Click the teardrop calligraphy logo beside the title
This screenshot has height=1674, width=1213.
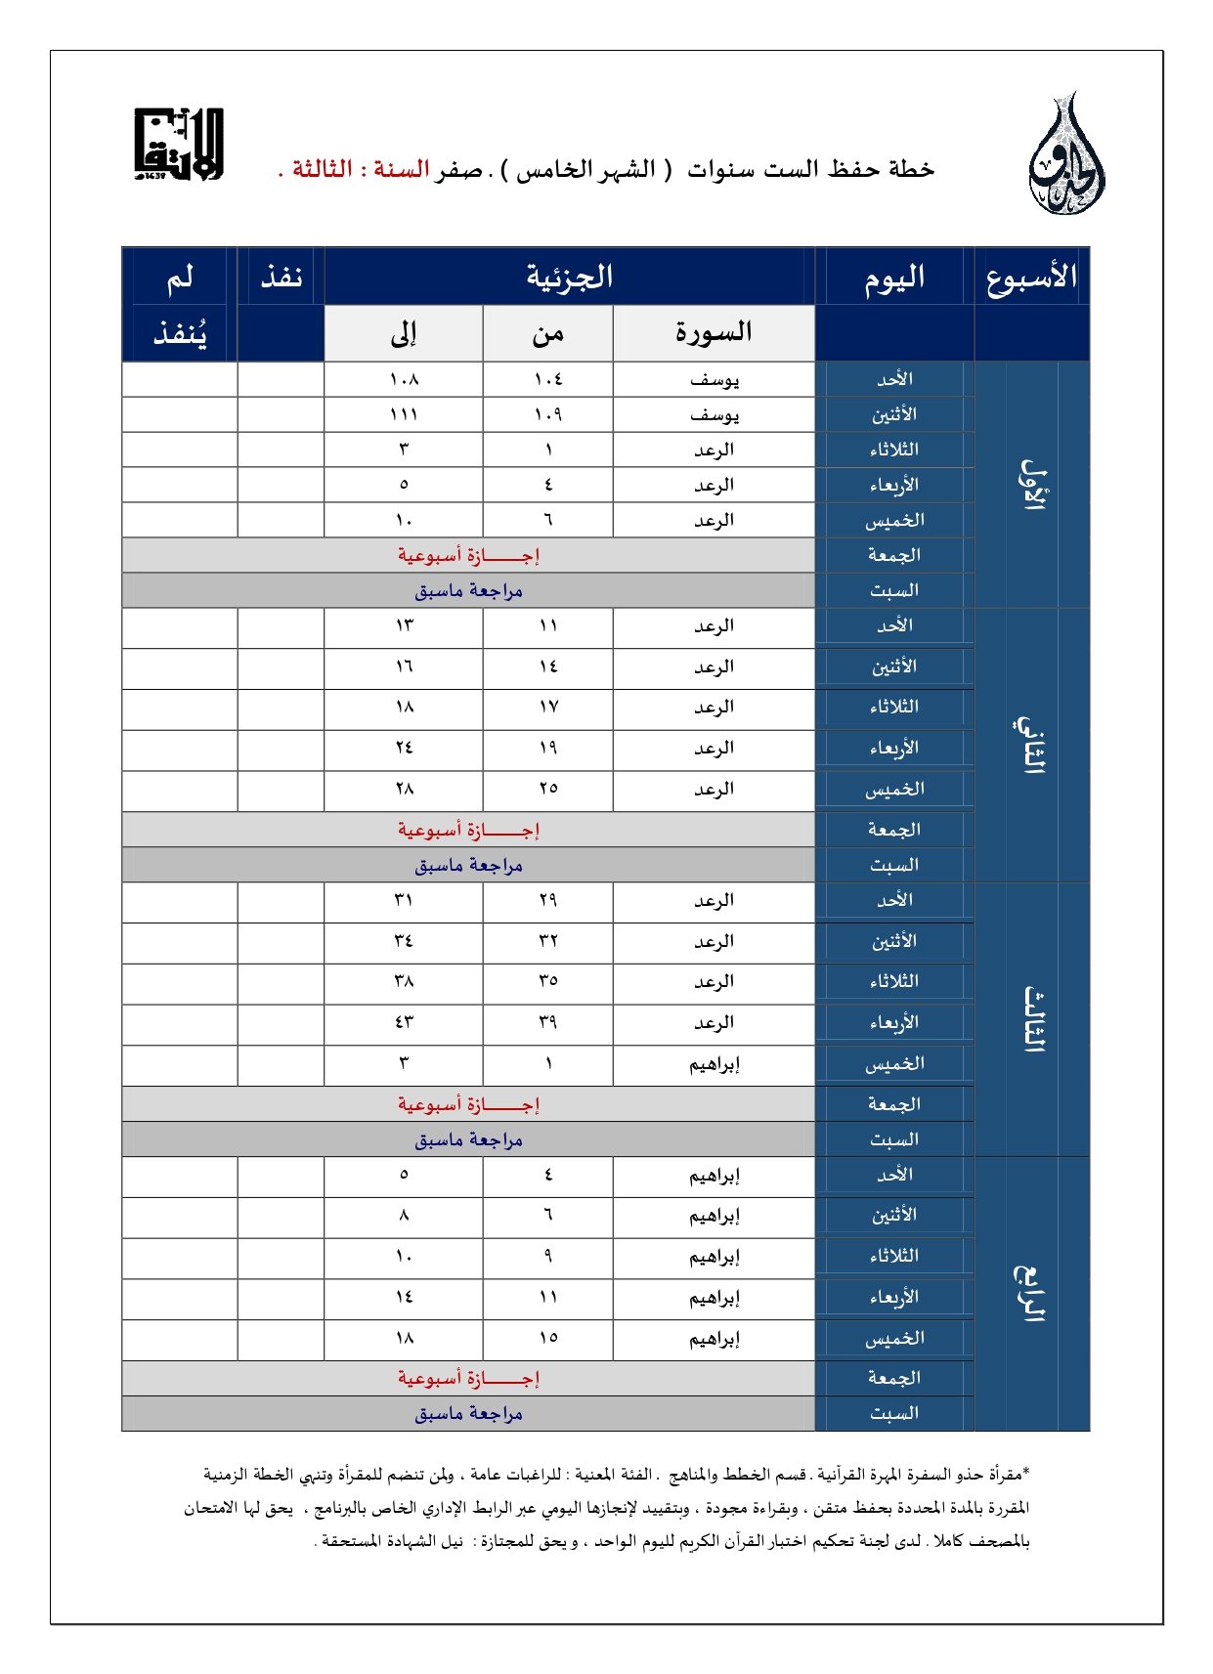click(x=1066, y=156)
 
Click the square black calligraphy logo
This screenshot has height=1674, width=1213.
click(x=179, y=145)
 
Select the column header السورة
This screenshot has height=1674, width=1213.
click(x=714, y=332)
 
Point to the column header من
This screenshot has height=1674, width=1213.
click(x=547, y=333)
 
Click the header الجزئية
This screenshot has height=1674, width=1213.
click(x=569, y=277)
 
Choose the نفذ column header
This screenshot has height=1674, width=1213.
click(x=281, y=277)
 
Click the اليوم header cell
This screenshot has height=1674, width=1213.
click(x=893, y=279)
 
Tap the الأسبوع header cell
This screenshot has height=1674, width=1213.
click(x=1031, y=278)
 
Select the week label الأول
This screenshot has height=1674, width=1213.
click(x=1032, y=484)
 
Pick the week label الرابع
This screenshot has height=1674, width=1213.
click(x=1030, y=1293)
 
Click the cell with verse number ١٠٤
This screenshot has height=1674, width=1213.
click(x=547, y=379)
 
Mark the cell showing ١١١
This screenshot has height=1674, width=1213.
click(x=404, y=414)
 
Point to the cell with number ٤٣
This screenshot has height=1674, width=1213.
click(x=404, y=1022)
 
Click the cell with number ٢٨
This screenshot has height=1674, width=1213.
click(x=404, y=789)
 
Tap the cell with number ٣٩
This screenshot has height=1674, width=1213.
click(x=547, y=1022)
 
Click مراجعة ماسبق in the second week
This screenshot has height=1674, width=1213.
click(x=468, y=865)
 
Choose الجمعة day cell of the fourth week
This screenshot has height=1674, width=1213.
click(x=893, y=1378)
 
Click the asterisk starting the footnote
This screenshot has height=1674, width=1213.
click(x=1026, y=1472)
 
